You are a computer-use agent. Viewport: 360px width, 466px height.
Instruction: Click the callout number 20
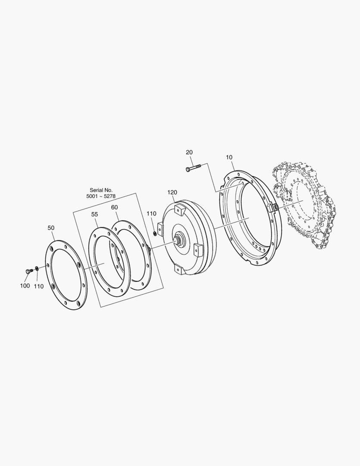pyautogui.click(x=189, y=152)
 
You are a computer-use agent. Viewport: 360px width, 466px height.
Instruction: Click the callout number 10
pyautogui.click(x=229, y=157)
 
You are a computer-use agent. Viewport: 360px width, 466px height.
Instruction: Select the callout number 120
pyautogui.click(x=172, y=192)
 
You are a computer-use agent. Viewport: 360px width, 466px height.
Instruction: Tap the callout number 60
pyautogui.click(x=115, y=207)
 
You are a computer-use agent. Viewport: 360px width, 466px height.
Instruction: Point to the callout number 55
pyautogui.click(x=94, y=214)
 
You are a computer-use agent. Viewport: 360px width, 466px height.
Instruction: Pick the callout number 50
pyautogui.click(x=51, y=228)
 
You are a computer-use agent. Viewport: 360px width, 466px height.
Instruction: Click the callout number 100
pyautogui.click(x=25, y=286)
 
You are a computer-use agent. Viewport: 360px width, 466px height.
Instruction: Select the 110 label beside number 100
pyautogui.click(x=39, y=286)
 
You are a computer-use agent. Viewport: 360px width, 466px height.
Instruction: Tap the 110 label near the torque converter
pyautogui.click(x=151, y=214)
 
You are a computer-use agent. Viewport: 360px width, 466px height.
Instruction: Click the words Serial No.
pyautogui.click(x=101, y=190)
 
